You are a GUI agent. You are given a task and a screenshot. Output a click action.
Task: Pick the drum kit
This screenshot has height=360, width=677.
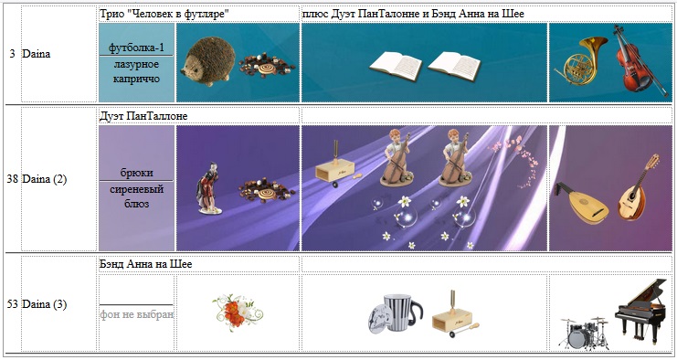pyautogui.click(x=583, y=333)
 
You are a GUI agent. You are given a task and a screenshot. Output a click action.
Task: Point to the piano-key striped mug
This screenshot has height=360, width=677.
pyautogui.click(x=396, y=313)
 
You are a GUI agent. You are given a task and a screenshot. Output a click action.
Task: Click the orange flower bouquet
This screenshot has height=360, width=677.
pyautogui.click(x=237, y=312)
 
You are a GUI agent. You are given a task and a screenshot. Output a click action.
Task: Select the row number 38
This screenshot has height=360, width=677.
pyautogui.click(x=12, y=179)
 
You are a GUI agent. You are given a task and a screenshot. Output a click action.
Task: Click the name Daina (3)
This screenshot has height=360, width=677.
pyautogui.click(x=45, y=304)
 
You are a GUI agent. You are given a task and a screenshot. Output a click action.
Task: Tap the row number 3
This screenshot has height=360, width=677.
pyautogui.click(x=12, y=54)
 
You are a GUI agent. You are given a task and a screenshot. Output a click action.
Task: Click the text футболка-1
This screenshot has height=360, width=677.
pyautogui.click(x=136, y=47)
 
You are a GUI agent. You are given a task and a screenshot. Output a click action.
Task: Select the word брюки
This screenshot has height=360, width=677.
pyautogui.click(x=136, y=173)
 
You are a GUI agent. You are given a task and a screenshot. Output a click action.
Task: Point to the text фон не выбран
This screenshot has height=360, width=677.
pyautogui.click(x=137, y=314)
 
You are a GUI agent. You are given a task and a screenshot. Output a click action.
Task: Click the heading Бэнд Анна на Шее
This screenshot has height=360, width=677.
pyautogui.click(x=146, y=264)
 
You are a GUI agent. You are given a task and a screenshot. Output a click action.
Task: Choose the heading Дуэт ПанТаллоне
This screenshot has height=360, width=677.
pyautogui.click(x=143, y=116)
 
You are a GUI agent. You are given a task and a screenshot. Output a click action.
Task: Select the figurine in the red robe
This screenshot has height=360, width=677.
pyautogui.click(x=209, y=188)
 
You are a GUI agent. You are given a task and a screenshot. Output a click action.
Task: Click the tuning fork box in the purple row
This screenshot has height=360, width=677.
pyautogui.click(x=336, y=165)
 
